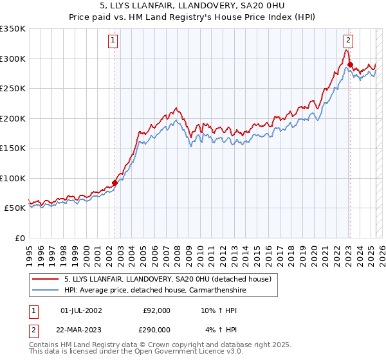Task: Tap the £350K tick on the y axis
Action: click(x=13, y=29)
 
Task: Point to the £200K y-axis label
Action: click(x=13, y=118)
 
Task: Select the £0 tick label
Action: click(x=21, y=238)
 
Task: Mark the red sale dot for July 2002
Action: click(x=115, y=183)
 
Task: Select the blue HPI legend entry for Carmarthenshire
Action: click(x=155, y=291)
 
